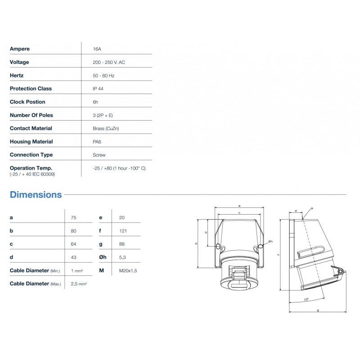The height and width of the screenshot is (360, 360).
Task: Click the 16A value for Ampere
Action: pyautogui.click(x=96, y=49)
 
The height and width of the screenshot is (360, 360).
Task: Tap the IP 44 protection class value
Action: pyautogui.click(x=98, y=89)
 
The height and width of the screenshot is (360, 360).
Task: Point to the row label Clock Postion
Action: pyautogui.click(x=27, y=102)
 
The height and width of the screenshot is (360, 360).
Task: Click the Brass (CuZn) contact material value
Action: pyautogui.click(x=106, y=128)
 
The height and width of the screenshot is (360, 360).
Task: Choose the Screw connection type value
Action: pyautogui.click(x=99, y=155)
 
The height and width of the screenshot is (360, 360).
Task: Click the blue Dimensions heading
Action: pyautogui.click(x=36, y=195)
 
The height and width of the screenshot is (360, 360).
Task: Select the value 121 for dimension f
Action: pyautogui.click(x=123, y=231)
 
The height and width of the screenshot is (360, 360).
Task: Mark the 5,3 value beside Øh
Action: pyautogui.click(x=123, y=257)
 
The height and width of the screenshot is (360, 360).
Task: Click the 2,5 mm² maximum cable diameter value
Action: pyautogui.click(x=79, y=284)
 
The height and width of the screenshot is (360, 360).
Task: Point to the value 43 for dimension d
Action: pyautogui.click(x=74, y=257)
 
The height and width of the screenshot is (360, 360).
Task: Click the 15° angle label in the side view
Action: pyautogui.click(x=306, y=299)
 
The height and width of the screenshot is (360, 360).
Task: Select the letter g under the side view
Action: pyautogui.click(x=318, y=310)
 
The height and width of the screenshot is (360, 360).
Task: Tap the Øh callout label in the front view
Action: pyautogui.click(x=270, y=242)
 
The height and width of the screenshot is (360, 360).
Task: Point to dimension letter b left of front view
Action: pyautogui.click(x=196, y=243)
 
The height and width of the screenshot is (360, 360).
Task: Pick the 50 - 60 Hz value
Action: pyautogui.click(x=103, y=76)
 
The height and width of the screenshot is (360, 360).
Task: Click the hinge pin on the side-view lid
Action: pyautogui.click(x=341, y=271)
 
